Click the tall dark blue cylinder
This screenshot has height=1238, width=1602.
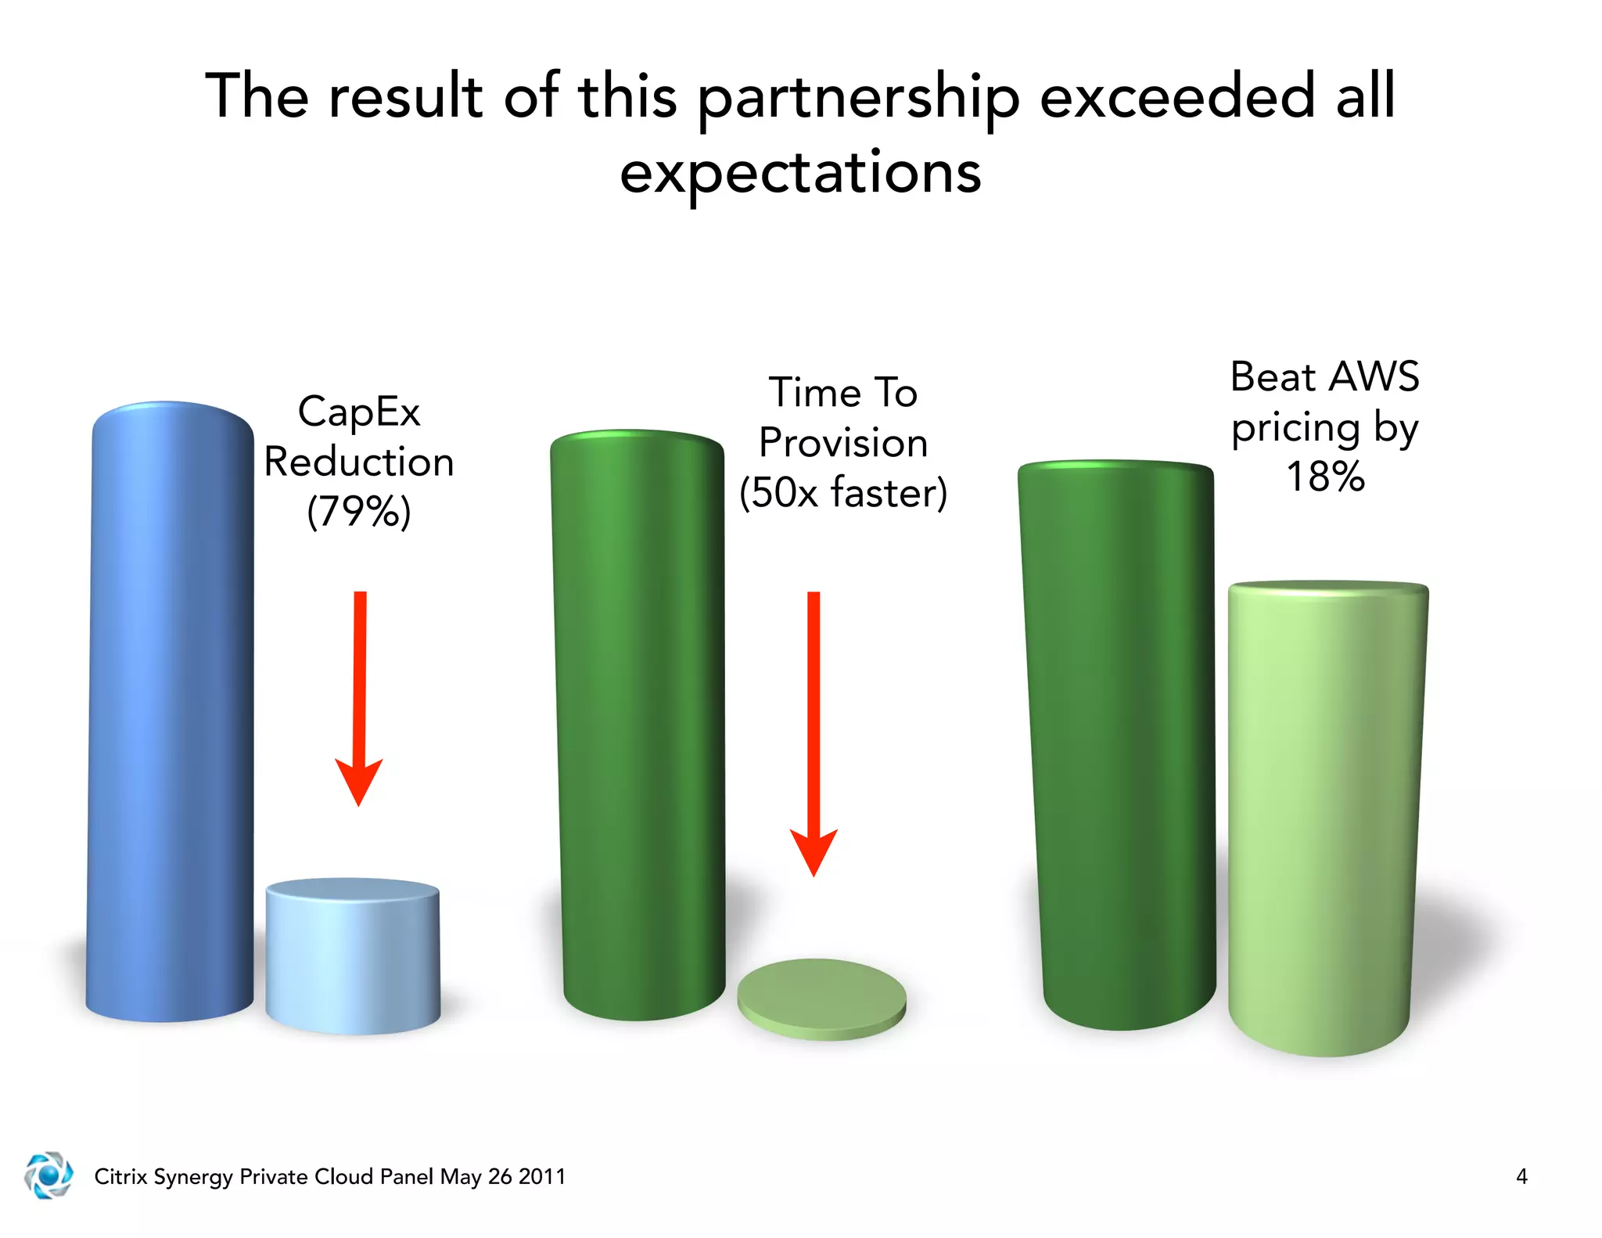[x=171, y=712]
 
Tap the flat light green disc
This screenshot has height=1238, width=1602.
[x=821, y=998]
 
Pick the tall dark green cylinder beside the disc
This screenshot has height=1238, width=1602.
[x=638, y=724]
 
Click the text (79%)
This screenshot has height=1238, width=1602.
[x=359, y=512]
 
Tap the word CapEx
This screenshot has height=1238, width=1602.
[x=359, y=412]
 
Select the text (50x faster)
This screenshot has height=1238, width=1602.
[x=843, y=493]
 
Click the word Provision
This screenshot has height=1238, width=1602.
[x=843, y=443]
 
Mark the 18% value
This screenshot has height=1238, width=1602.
[x=1325, y=477]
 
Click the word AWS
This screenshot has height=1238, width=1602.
[x=1374, y=376]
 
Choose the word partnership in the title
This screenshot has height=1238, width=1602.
[x=858, y=98]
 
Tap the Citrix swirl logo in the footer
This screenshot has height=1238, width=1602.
[x=48, y=1175]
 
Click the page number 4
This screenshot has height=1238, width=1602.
[x=1521, y=1176]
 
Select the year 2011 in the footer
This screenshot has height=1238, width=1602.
[x=541, y=1176]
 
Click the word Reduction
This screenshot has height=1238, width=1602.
[x=359, y=462]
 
